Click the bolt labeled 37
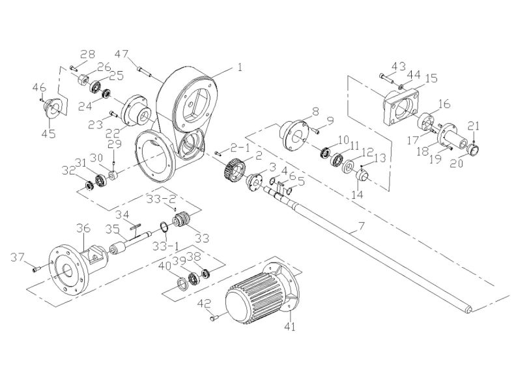coord(36,268)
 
